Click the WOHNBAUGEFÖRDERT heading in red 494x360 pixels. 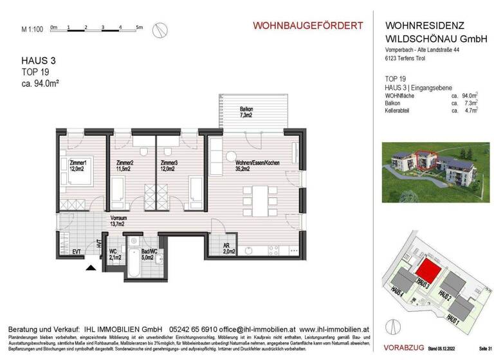pyautogui.click(x=307, y=26)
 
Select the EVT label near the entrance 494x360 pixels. pyautogui.click(x=77, y=251)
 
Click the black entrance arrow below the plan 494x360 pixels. pyautogui.click(x=92, y=267)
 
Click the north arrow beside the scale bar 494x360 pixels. pyautogui.click(x=162, y=29)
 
